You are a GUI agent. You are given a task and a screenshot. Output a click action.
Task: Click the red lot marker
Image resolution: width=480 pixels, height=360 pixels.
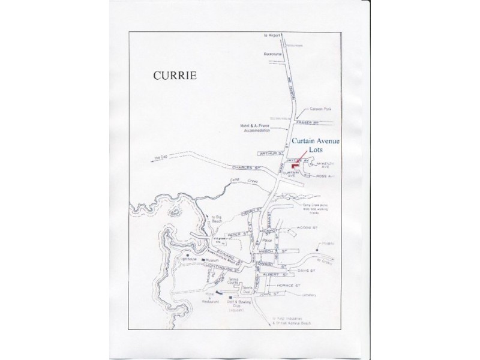[x=294, y=166]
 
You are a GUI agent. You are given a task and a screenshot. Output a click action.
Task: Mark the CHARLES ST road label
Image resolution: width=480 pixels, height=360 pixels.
[x=244, y=169]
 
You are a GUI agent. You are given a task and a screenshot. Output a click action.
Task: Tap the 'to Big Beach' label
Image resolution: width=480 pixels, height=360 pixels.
[x=213, y=220]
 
